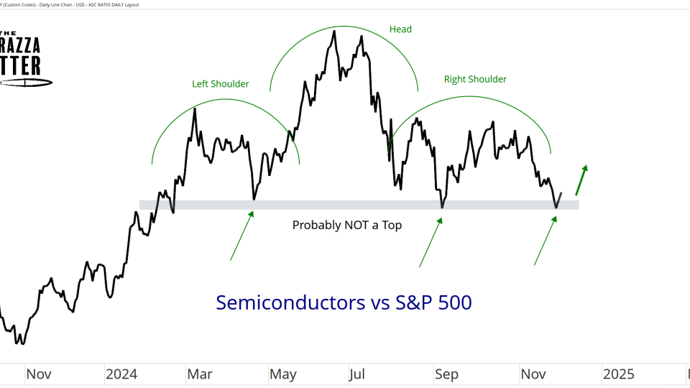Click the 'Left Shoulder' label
click(x=220, y=84)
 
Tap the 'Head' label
click(x=400, y=29)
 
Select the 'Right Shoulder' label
click(x=474, y=79)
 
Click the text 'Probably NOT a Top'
click(x=346, y=225)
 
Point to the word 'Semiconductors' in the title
click(x=290, y=302)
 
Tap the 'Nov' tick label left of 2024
click(x=38, y=374)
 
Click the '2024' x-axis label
click(x=121, y=374)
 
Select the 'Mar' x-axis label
click(x=200, y=374)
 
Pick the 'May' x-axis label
click(x=283, y=374)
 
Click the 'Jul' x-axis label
click(x=357, y=374)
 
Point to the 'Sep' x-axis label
click(x=446, y=374)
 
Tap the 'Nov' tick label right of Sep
click(x=533, y=374)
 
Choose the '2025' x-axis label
click(x=618, y=374)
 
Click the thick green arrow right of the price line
click(x=581, y=180)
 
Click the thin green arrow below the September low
click(x=431, y=242)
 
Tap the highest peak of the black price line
click(x=334, y=30)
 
